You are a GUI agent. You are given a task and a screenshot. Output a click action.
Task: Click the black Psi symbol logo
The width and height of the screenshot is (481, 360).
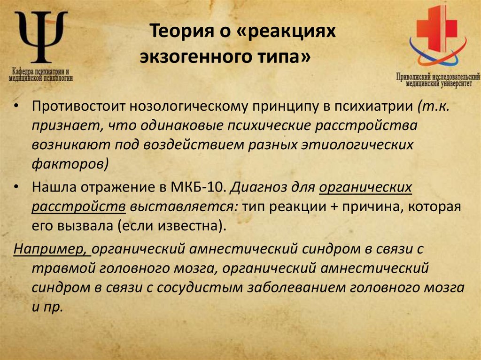[x=41, y=38]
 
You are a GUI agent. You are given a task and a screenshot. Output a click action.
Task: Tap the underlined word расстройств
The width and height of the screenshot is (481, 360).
[x=78, y=207]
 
